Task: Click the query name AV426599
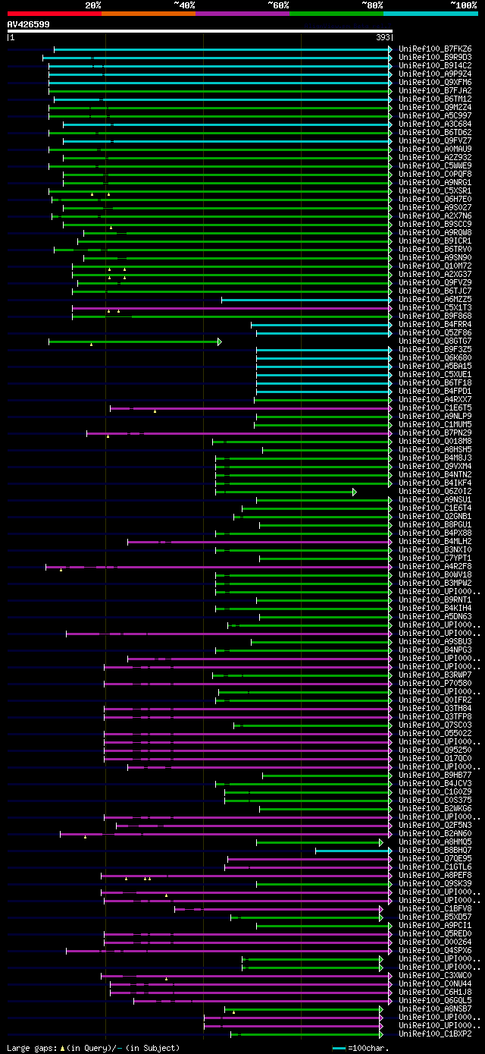[x=29, y=24]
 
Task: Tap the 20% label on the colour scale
[x=93, y=5]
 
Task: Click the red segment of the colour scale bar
[x=54, y=14]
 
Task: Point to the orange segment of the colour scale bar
[x=148, y=14]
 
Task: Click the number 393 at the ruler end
[x=383, y=37]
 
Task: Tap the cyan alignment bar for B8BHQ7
[x=352, y=851]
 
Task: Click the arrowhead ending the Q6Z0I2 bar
[x=354, y=492]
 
